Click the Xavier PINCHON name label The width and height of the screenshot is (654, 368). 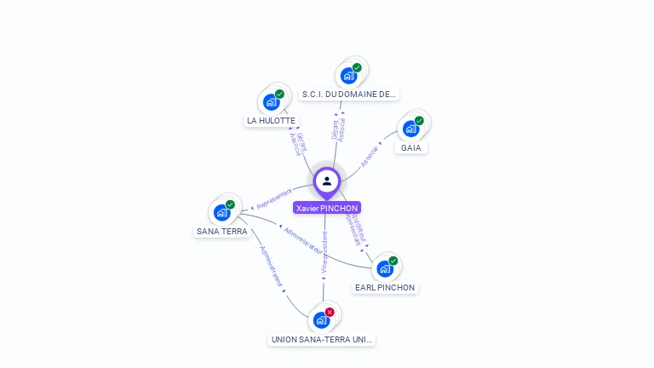[x=327, y=208]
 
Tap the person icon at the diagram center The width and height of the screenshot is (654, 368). [x=327, y=181]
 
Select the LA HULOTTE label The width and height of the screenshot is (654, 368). [x=271, y=121]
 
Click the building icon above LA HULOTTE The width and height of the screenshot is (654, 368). [x=272, y=102]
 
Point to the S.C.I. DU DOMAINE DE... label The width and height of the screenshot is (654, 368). [x=349, y=95]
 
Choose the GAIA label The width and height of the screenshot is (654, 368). [x=411, y=147]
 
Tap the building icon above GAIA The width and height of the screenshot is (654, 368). [x=411, y=129]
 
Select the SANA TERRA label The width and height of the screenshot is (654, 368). [x=222, y=231]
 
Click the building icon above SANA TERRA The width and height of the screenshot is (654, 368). [x=222, y=212]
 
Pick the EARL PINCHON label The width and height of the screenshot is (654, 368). [x=385, y=287]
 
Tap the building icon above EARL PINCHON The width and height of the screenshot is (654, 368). [x=385, y=268]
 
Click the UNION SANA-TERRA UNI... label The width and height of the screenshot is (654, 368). [x=322, y=339]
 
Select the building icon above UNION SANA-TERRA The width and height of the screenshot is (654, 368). [x=321, y=320]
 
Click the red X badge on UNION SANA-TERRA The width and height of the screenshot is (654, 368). [x=330, y=313]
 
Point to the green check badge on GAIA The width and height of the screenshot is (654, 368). [x=419, y=121]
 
